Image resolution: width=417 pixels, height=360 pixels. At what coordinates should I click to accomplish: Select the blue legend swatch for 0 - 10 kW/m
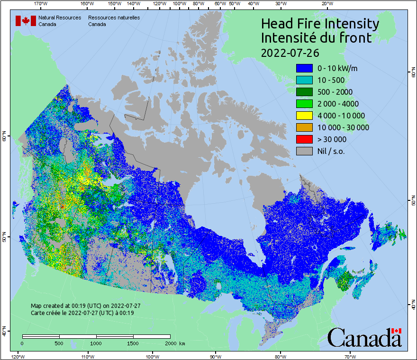tap(304, 68)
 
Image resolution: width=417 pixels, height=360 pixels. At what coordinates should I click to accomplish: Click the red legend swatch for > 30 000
tap(304, 139)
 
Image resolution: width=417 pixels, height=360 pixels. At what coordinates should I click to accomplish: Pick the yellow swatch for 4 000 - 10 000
tap(304, 116)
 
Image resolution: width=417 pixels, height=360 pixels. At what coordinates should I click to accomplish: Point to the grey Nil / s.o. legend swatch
tap(304, 151)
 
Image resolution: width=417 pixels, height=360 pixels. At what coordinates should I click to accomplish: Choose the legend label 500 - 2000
tap(335, 92)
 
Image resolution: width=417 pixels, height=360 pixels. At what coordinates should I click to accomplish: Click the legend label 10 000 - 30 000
tap(343, 127)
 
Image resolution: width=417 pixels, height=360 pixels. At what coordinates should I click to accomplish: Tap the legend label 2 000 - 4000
tap(338, 104)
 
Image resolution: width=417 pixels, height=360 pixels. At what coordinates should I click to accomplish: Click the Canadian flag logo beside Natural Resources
tap(26, 21)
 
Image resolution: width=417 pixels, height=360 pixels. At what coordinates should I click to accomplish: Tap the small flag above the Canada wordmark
tap(397, 331)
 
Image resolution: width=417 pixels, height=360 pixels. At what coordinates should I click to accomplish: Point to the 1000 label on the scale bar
tap(96, 343)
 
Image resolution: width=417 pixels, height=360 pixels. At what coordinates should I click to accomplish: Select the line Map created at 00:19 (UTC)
tap(85, 306)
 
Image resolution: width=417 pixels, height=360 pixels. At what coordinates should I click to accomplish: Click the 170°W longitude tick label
tap(41, 3)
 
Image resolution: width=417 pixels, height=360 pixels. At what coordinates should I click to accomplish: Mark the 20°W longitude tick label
tap(326, 3)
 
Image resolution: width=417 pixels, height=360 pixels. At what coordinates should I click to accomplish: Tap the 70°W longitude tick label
tap(350, 356)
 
